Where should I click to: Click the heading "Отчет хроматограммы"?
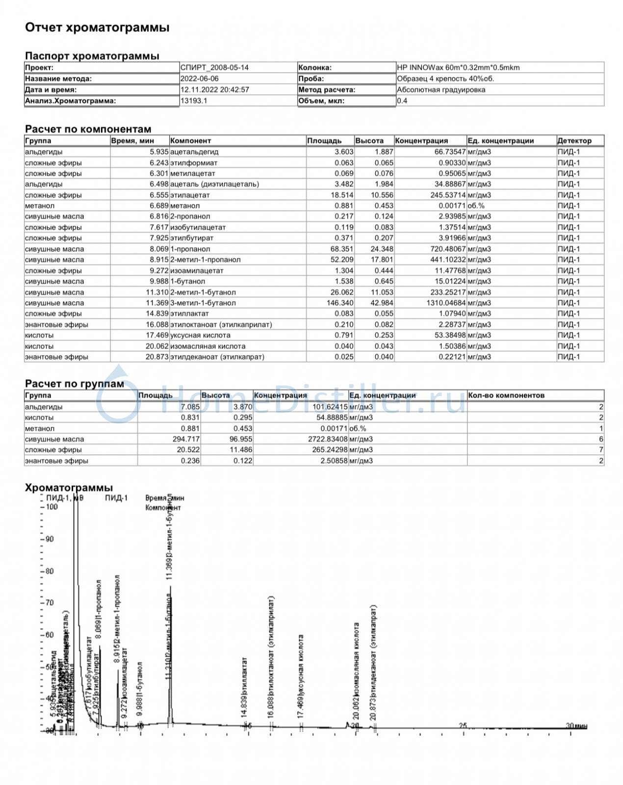[97, 27]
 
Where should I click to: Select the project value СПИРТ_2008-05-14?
[214, 68]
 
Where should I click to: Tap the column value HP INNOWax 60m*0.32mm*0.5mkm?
[458, 68]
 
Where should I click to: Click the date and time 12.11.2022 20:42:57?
[214, 90]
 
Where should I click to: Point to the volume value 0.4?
[402, 101]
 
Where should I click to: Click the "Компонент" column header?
[190, 141]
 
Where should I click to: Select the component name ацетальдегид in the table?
[194, 152]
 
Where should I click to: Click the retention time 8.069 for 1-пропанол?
[159, 249]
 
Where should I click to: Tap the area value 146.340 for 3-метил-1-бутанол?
[340, 303]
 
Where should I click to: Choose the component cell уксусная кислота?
[200, 335]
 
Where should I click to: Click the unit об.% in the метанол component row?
[476, 206]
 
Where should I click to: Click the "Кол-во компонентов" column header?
[506, 395]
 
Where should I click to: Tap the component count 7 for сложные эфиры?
[601, 450]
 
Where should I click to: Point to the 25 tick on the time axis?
[463, 726]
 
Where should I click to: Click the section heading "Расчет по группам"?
[75, 384]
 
